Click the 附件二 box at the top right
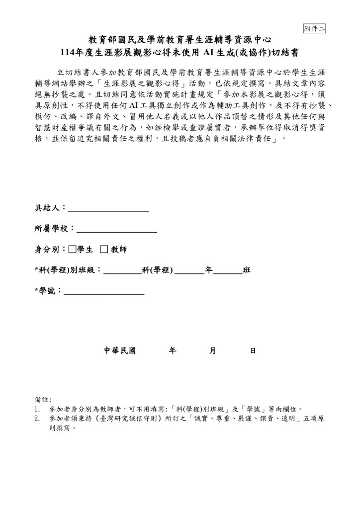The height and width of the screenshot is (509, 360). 314,28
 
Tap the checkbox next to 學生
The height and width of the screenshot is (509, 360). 73,249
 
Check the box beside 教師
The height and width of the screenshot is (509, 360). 104,249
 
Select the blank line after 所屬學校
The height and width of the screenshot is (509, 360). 117,230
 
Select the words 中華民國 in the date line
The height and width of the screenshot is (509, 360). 120,350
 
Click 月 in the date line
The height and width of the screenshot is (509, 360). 212,350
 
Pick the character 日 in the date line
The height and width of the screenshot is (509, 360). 253,350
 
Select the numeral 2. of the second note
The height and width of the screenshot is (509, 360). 37,419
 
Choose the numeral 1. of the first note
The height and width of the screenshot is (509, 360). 37,409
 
